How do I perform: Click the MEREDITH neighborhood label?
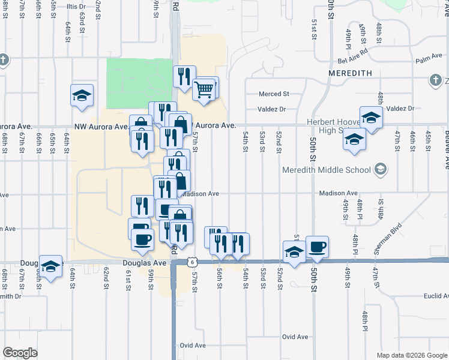tap(351, 73)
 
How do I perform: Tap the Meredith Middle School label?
tap(327, 170)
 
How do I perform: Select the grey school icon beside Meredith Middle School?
tap(379, 170)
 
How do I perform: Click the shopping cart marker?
tap(203, 90)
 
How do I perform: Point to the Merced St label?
tap(274, 94)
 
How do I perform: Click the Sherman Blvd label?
tap(387, 239)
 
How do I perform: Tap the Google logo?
tap(20, 353)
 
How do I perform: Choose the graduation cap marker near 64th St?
tap(82, 95)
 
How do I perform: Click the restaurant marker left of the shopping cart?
tap(183, 76)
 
